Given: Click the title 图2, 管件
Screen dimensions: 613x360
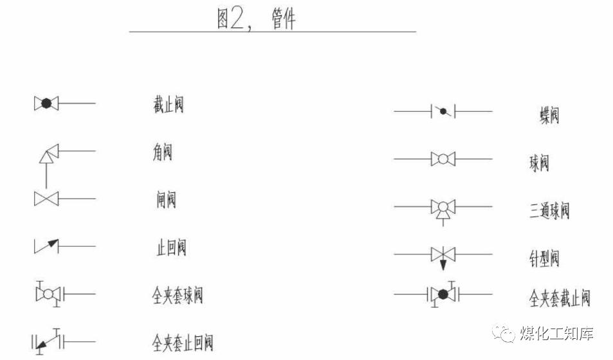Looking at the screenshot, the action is (255, 19).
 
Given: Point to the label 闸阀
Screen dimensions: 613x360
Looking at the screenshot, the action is (165, 200).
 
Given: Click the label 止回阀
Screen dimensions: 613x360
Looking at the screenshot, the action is (171, 248).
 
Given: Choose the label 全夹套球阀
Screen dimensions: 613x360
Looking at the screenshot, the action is (178, 296).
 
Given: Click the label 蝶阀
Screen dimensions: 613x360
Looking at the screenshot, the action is (549, 115).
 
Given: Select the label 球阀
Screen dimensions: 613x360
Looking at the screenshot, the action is (539, 163).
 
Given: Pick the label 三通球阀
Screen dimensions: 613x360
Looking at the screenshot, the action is (549, 210).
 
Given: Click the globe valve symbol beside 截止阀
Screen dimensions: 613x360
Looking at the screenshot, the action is (46, 103).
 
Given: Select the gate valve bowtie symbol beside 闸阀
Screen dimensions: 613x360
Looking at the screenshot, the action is (46, 199).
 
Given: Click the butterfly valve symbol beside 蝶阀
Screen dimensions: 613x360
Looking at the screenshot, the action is (443, 111).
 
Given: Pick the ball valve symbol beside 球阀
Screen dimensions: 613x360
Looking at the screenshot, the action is (443, 158).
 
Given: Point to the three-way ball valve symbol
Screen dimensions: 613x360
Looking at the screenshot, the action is (443, 208).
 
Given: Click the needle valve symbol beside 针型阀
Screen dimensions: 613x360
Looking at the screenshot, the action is (443, 254).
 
